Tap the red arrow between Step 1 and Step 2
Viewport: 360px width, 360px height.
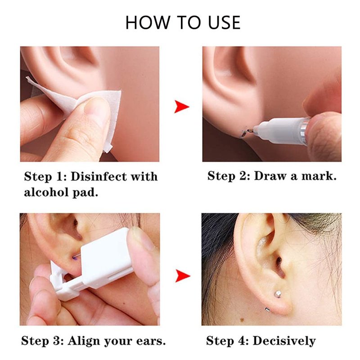[181, 107]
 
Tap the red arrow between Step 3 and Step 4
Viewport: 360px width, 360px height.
[183, 275]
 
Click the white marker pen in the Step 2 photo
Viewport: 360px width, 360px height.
[283, 129]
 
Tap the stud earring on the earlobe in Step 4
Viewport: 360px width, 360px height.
[278, 294]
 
